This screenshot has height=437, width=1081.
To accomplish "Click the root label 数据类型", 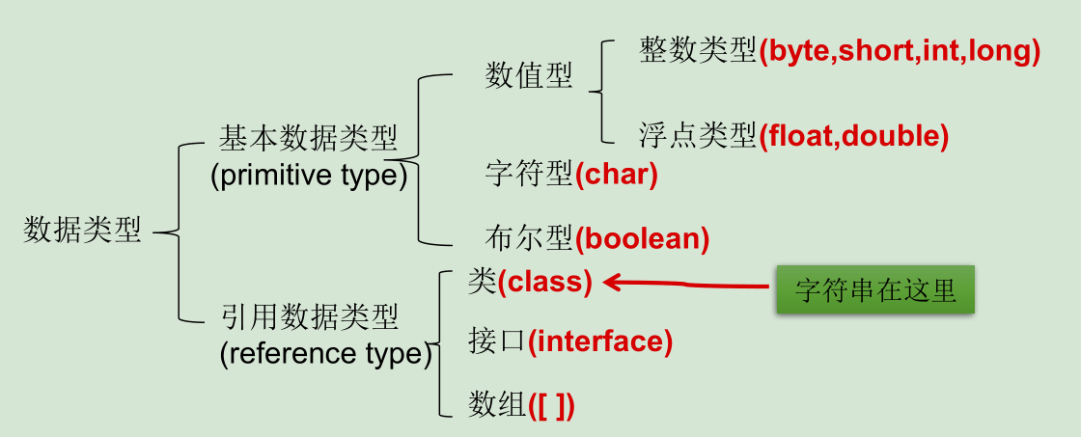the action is [83, 231].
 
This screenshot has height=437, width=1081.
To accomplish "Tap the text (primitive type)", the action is [308, 176].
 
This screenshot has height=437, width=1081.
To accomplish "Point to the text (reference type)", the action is [325, 354].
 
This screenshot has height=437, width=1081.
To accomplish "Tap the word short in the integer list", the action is [876, 51].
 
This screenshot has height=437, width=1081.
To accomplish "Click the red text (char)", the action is [616, 176].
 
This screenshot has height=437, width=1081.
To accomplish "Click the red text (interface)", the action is [599, 341].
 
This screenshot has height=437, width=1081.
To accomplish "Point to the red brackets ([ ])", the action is [551, 405].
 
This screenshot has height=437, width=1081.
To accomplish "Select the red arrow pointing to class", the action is [685, 283].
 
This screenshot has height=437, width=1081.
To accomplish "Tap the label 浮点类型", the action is [697, 136].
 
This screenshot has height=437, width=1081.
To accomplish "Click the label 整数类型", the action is [697, 51].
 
